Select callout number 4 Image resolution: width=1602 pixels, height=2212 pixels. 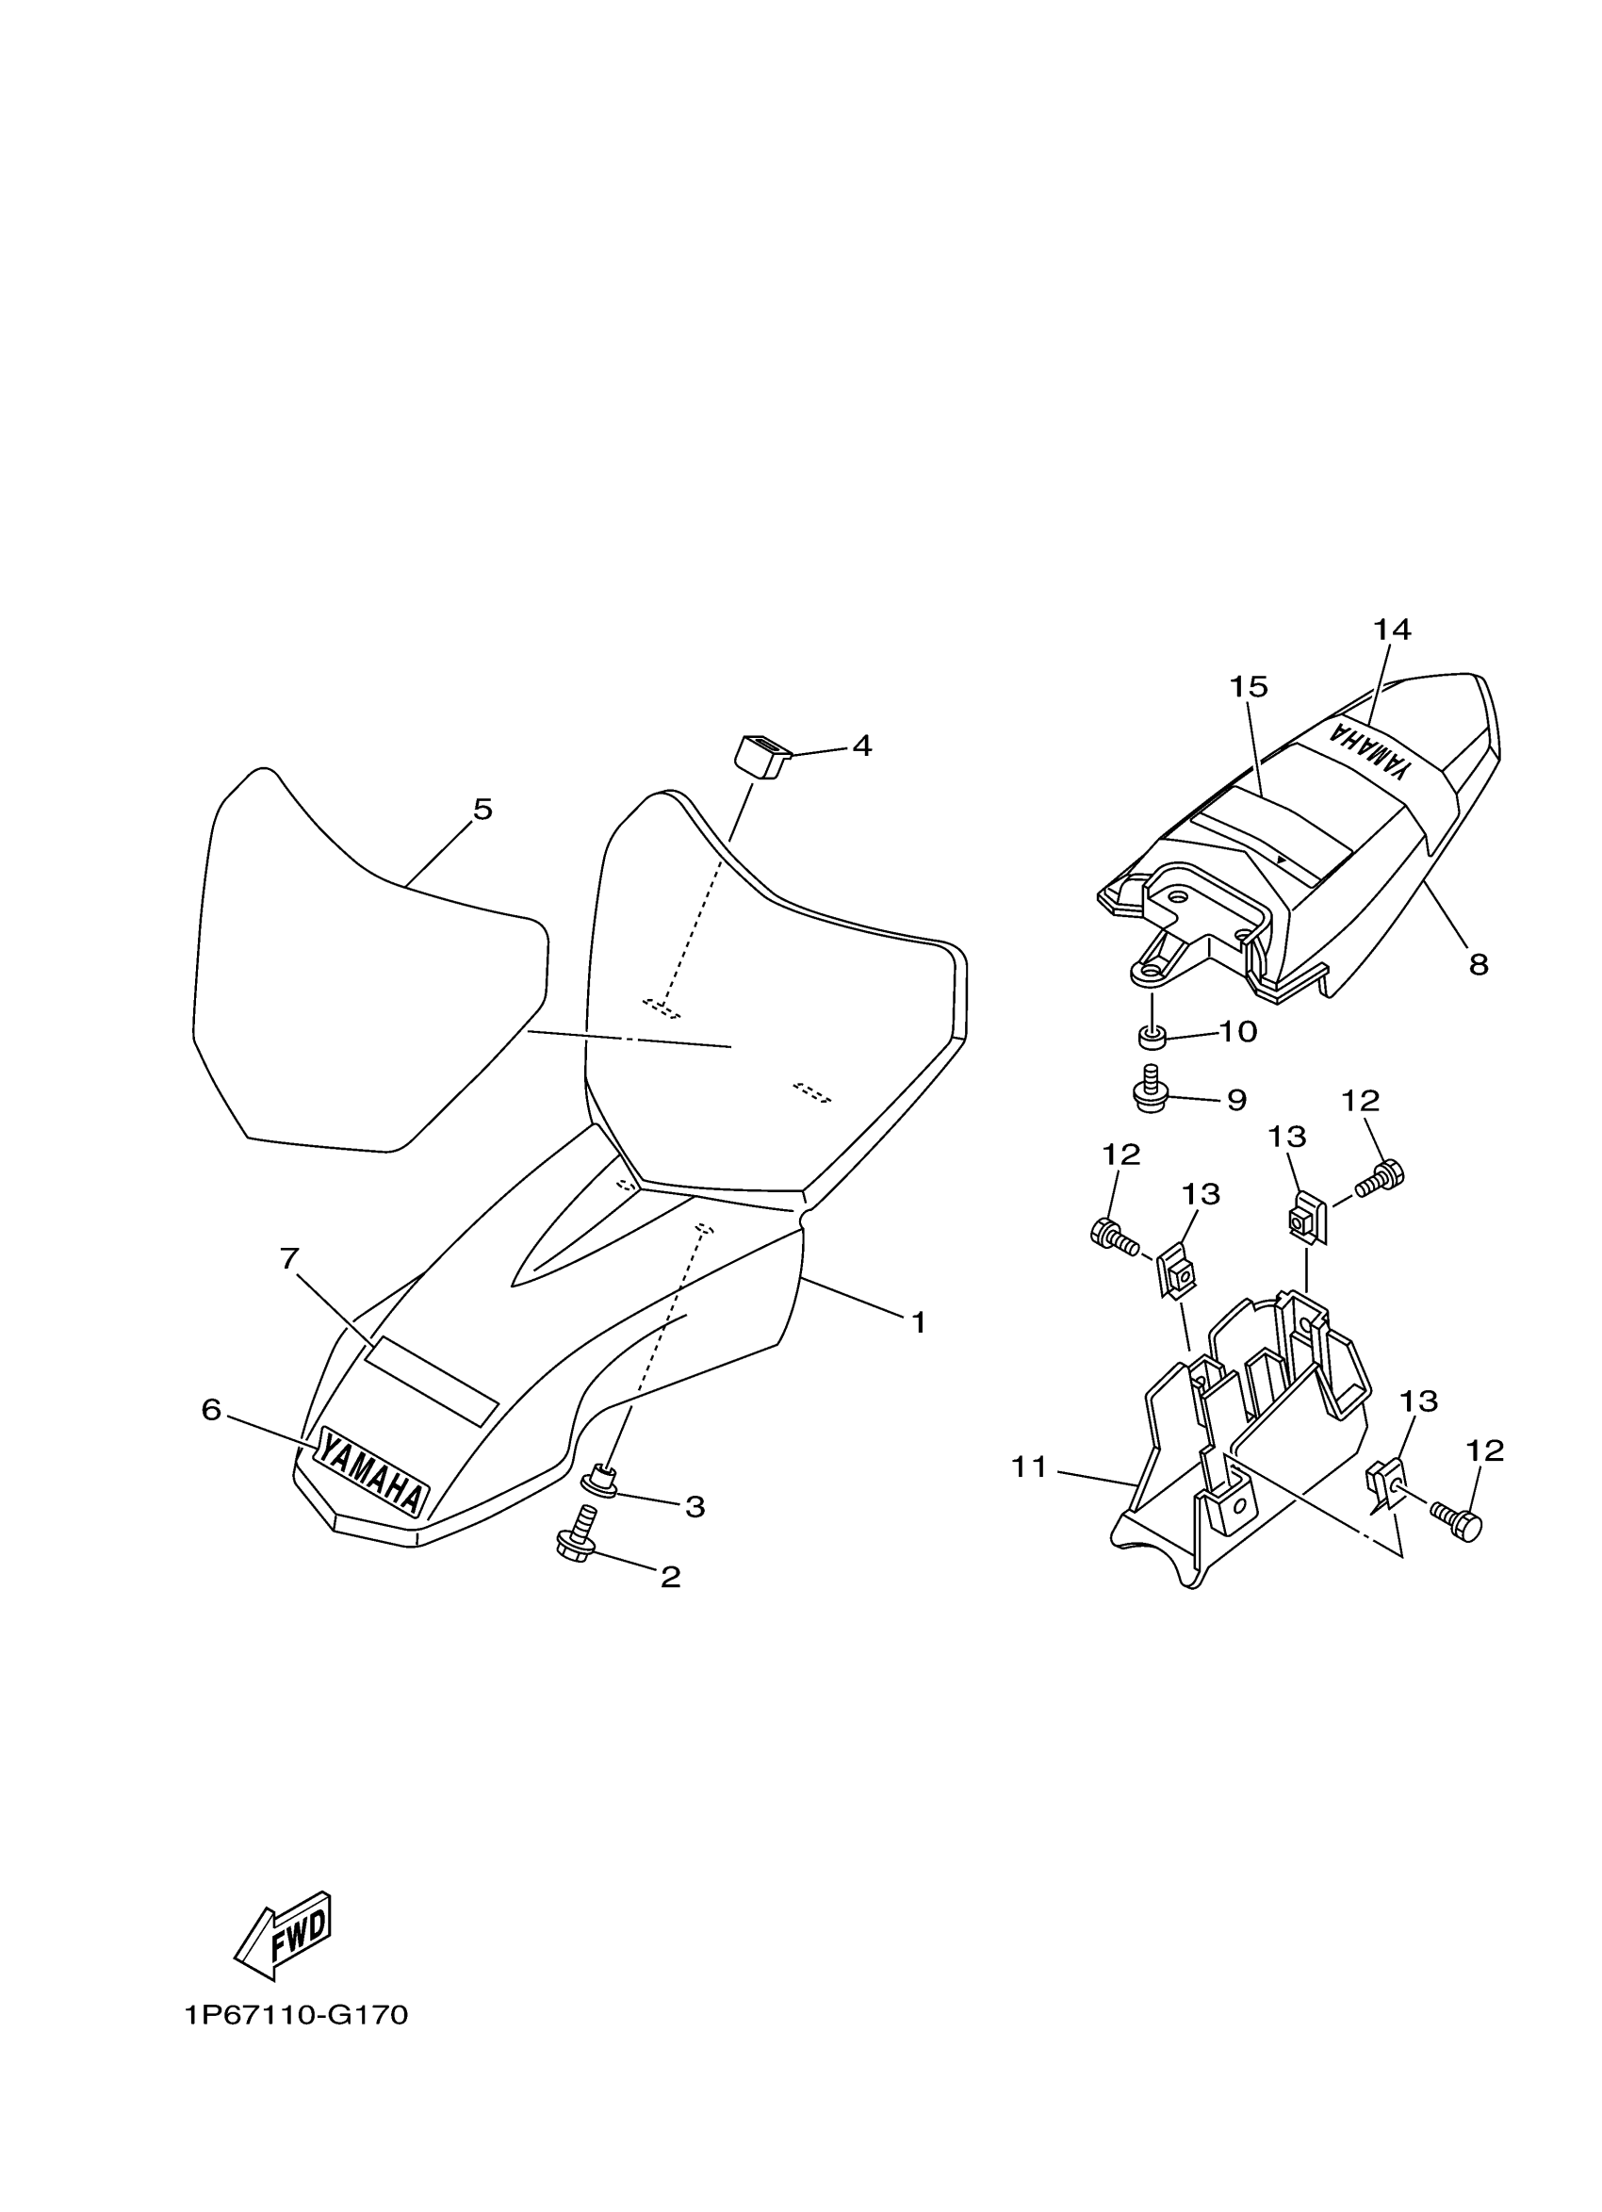[862, 746]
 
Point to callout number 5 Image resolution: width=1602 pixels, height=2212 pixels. [482, 810]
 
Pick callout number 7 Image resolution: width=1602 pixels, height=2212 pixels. [288, 1260]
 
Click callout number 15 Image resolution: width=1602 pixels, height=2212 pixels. [1248, 688]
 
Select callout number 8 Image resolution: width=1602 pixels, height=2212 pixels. [1479, 965]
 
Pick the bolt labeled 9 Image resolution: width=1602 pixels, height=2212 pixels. [1151, 1090]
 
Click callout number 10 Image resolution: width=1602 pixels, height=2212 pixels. [1238, 1032]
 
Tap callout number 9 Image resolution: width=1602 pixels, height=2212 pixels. [1236, 1100]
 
